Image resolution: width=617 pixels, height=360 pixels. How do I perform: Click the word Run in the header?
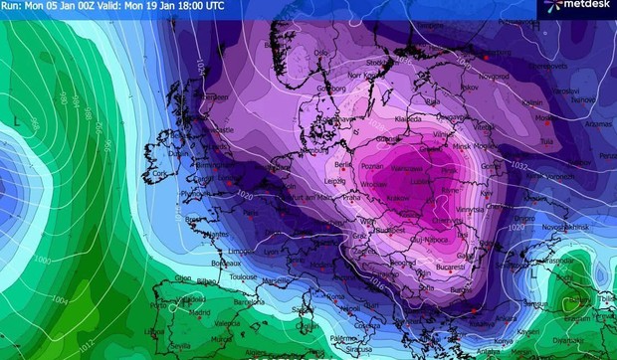click(x=9, y=6)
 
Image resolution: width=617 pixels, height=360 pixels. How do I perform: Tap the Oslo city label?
click(x=320, y=52)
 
